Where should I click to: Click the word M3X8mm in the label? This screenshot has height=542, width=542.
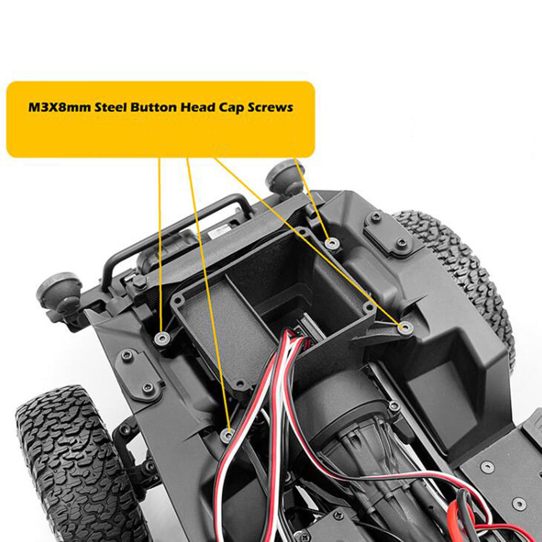(x=60, y=107)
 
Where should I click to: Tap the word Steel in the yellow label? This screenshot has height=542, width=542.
(x=111, y=107)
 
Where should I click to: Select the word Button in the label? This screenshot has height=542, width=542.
(x=153, y=107)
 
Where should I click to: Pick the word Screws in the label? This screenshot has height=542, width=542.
(x=270, y=107)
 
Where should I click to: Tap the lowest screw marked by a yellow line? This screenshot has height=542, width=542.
(x=228, y=434)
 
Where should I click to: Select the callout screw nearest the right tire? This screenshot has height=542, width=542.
(x=405, y=328)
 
